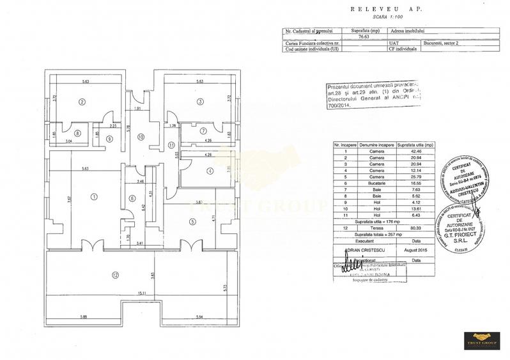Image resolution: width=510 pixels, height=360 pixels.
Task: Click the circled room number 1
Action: (x=94, y=197)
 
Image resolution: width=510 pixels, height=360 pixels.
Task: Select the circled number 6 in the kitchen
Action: (x=132, y=198)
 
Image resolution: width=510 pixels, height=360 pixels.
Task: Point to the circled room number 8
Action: (x=77, y=133)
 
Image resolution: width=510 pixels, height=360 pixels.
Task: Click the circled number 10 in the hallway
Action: (x=141, y=136)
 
